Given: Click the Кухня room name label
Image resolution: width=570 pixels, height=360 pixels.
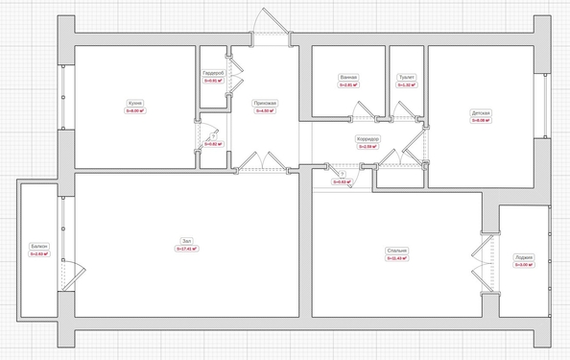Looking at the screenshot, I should point(134,104).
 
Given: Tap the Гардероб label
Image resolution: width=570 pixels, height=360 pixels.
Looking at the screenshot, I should point(213,74).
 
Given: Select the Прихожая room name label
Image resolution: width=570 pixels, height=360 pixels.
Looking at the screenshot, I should point(265,104).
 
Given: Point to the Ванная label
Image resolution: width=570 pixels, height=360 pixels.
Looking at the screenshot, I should point(348,78).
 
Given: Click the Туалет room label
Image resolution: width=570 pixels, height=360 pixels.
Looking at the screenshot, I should point(407,78).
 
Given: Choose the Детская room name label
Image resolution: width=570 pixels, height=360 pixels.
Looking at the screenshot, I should point(481,113).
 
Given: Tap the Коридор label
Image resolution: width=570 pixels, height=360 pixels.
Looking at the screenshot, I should point(367,139).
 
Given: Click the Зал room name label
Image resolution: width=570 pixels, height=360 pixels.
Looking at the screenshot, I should point(186,241).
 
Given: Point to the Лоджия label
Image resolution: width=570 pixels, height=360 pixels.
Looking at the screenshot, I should point(523,257).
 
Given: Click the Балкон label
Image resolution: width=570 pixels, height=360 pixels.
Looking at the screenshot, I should point(39,248).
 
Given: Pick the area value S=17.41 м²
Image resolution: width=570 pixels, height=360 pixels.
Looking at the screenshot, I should point(186,249).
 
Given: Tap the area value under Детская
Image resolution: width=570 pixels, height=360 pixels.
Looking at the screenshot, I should point(481,121).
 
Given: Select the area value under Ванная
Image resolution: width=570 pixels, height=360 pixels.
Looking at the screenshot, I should point(348,85).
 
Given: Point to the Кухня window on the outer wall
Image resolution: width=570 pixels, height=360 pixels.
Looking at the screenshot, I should point(61,96).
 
